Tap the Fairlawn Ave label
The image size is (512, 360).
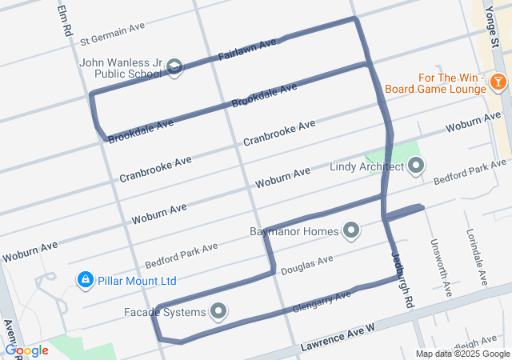coord(247,50)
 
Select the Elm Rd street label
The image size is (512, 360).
coord(63,18)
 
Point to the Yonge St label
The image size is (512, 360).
coord(494,23)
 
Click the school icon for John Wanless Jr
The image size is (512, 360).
coord(176,67)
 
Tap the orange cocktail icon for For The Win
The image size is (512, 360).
coord(498,81)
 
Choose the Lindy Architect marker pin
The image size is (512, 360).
coord(415,166)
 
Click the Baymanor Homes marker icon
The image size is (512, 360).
coord(350,231)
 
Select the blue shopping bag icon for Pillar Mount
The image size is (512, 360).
coord(85,280)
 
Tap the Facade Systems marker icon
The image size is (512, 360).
coord(218,311)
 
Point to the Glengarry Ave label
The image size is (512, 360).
coord(322,301)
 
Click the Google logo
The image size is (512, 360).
coord(26,350)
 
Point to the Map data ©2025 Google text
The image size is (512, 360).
coord(462,354)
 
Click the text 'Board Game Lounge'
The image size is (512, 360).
coord(435,89)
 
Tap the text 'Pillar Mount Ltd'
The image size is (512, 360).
coord(138,281)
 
